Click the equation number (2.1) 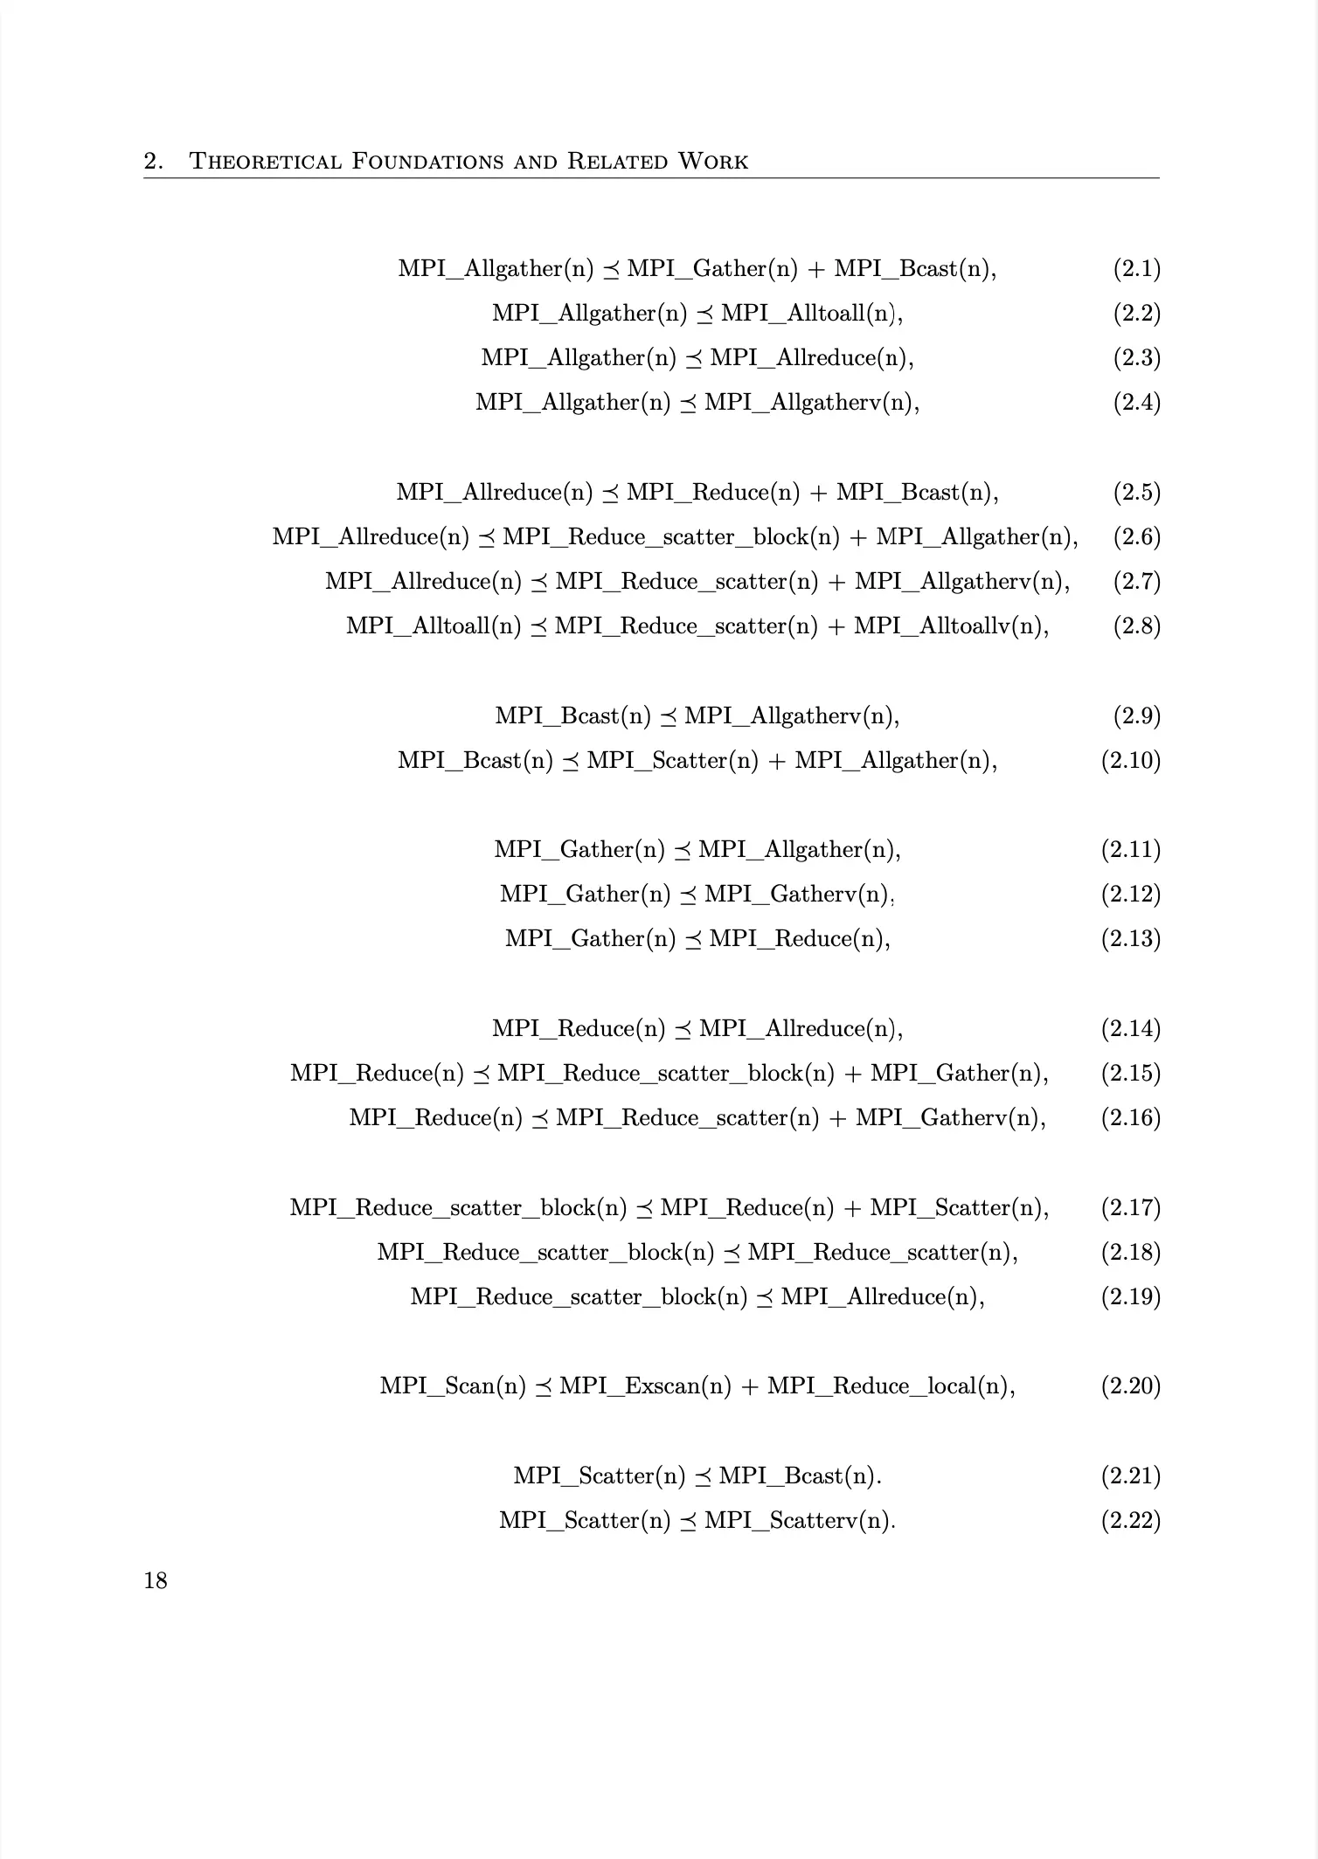(1136, 268)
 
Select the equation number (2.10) (1130, 760)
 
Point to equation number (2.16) (1130, 1117)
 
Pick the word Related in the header (615, 162)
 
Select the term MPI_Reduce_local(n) (889, 1386)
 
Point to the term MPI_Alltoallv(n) (949, 626)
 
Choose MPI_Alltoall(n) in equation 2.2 (810, 313)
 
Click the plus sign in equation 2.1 (816, 269)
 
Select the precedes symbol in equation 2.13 (692, 940)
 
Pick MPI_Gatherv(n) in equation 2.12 (796, 894)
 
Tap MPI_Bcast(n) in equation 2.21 (798, 1475)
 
